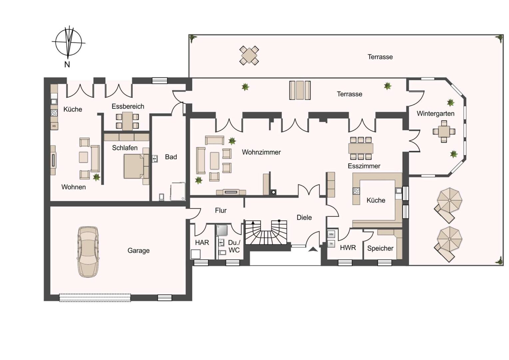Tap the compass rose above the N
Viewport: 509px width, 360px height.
click(69, 42)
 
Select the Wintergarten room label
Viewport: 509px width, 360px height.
click(435, 114)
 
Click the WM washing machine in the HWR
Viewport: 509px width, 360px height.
click(331, 234)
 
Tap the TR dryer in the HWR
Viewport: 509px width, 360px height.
click(331, 244)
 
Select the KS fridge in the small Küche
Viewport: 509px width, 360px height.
click(54, 126)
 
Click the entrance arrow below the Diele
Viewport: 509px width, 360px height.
click(313, 249)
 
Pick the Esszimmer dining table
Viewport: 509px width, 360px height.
click(361, 148)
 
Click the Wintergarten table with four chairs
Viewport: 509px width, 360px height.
click(444, 131)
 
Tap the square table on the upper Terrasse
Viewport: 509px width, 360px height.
click(249, 55)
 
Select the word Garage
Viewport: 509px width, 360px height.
click(139, 251)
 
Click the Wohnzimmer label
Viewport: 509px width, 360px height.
click(261, 152)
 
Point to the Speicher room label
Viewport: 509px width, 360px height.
click(380, 248)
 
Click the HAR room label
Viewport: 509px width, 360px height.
click(202, 243)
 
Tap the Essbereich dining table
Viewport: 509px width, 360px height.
click(127, 121)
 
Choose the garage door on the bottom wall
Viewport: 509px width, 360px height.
click(95, 298)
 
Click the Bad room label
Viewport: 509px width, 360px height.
click(171, 157)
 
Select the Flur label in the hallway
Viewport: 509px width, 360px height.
click(221, 210)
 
